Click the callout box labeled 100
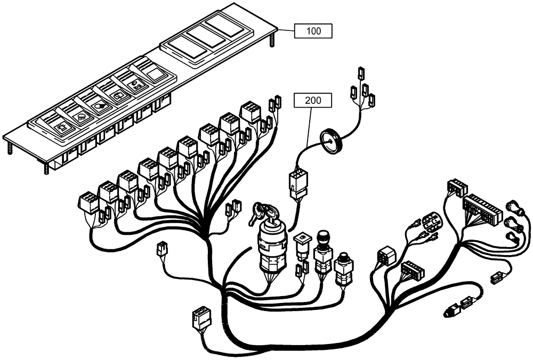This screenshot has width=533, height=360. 314,31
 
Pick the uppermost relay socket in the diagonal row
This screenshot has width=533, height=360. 250,112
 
